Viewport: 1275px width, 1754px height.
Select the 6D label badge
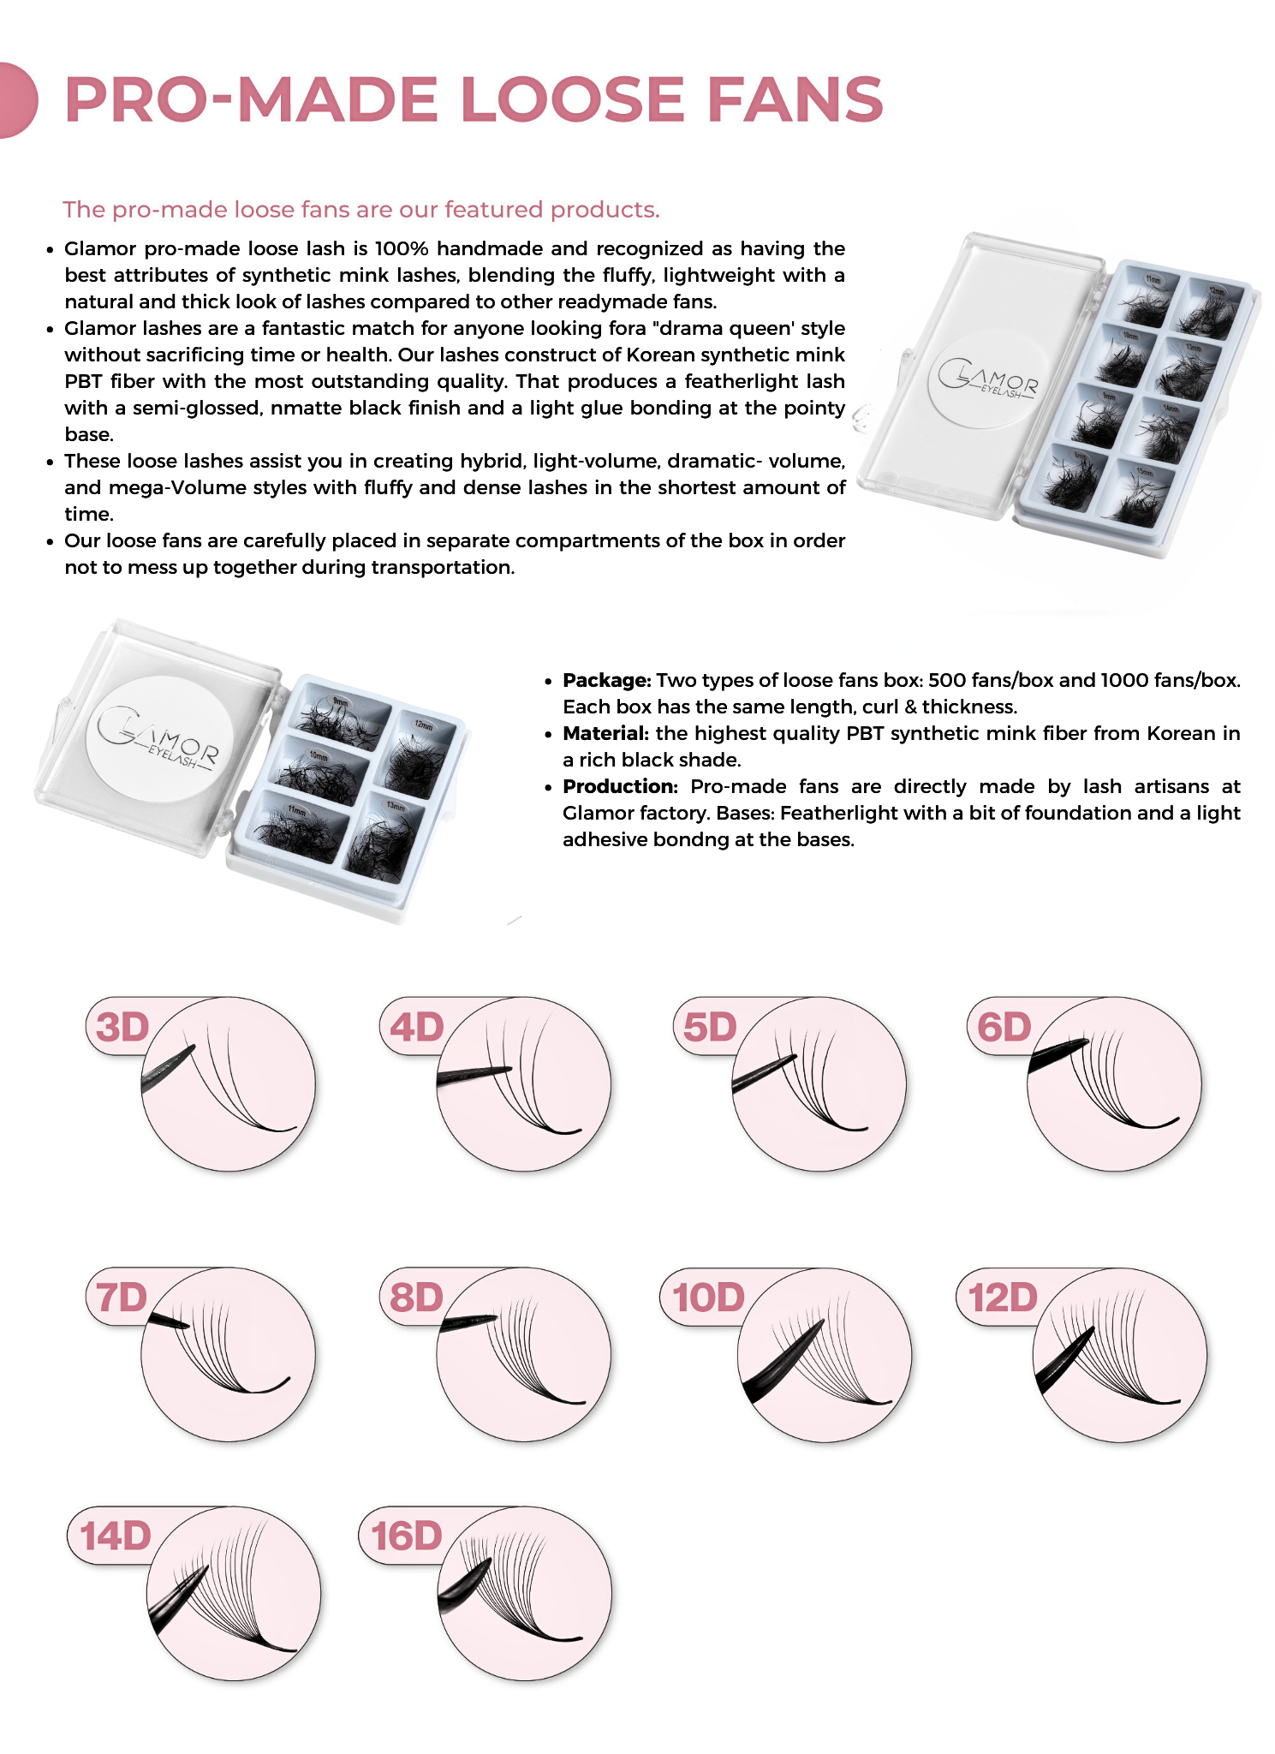[1004, 1027]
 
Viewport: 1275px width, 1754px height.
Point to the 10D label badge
[707, 1298]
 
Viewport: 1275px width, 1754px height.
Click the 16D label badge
[406, 1536]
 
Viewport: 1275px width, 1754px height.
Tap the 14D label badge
[116, 1536]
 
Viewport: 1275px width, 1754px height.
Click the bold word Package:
[606, 680]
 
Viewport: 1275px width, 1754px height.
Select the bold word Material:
[605, 733]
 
